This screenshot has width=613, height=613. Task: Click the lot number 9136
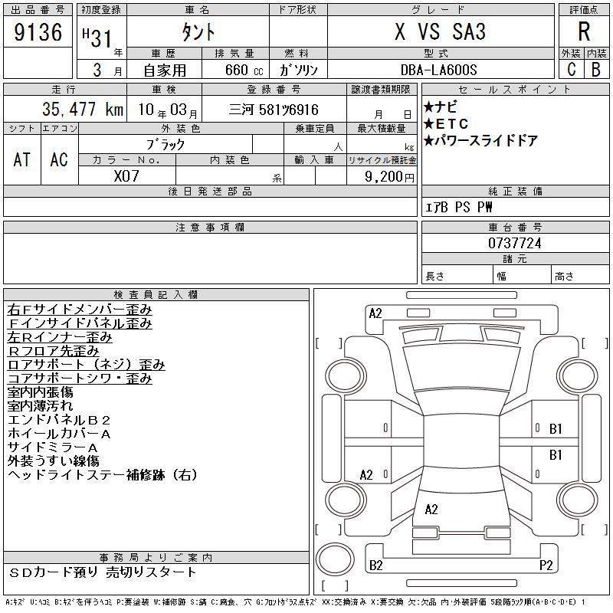tap(38, 32)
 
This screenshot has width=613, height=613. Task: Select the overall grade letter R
tap(584, 31)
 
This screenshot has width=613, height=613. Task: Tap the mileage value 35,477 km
tap(83, 109)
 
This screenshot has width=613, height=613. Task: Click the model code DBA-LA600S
tap(438, 70)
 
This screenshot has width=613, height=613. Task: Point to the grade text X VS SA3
tap(440, 31)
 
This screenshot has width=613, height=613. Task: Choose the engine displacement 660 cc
tap(244, 70)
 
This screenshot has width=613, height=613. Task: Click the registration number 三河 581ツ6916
tap(274, 110)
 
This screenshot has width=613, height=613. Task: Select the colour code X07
tap(126, 176)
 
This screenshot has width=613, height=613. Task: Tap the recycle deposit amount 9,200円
tap(389, 177)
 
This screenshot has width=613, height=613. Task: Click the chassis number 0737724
tap(514, 243)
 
